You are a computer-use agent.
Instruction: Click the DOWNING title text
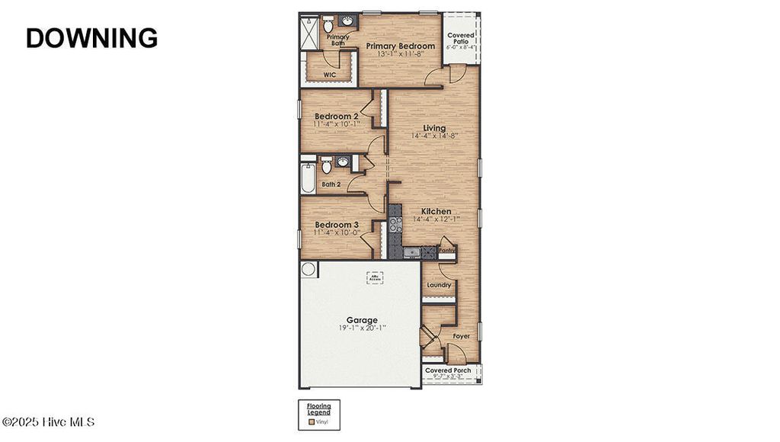[x=91, y=37]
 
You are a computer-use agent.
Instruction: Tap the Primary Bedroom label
[x=400, y=46]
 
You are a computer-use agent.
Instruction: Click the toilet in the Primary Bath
[x=328, y=24]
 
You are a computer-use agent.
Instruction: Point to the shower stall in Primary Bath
[x=310, y=34]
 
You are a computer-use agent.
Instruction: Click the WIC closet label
[x=329, y=75]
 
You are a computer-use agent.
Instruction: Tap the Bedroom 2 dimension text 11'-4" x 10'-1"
[x=337, y=124]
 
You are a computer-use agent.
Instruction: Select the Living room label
[x=434, y=128]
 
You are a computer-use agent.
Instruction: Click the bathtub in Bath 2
[x=308, y=177]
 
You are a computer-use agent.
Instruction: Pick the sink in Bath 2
[x=343, y=162]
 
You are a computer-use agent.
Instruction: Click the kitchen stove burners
[x=395, y=224]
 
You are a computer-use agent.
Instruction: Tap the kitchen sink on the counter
[x=411, y=251]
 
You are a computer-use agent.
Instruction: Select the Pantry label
[x=447, y=249]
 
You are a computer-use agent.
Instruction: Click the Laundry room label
[x=439, y=285]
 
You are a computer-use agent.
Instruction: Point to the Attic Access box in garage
[x=374, y=277]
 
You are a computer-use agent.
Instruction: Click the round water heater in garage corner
[x=309, y=269]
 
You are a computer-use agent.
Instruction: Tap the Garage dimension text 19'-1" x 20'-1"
[x=362, y=328]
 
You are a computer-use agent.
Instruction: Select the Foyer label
[x=462, y=335]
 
